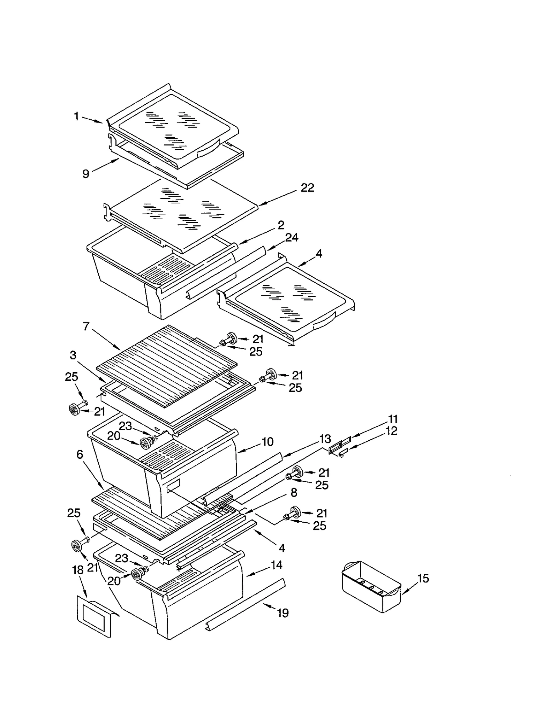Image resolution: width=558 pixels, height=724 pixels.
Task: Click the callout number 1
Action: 76,116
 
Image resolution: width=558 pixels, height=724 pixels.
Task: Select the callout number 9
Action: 86,173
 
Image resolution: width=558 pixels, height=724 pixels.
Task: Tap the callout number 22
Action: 307,188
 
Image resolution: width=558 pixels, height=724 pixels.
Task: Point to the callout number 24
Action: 292,238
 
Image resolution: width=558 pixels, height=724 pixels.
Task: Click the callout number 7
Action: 86,327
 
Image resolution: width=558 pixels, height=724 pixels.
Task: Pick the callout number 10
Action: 267,442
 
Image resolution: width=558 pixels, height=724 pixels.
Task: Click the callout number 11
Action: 393,419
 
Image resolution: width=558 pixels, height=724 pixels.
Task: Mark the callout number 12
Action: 391,431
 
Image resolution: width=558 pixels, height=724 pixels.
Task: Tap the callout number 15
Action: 423,579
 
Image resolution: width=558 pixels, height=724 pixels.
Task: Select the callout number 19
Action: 282,613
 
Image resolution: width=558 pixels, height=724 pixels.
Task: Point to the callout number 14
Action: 276,565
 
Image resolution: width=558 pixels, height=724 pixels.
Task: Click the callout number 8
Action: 294,493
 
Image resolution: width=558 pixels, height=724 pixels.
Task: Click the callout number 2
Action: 281,225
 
